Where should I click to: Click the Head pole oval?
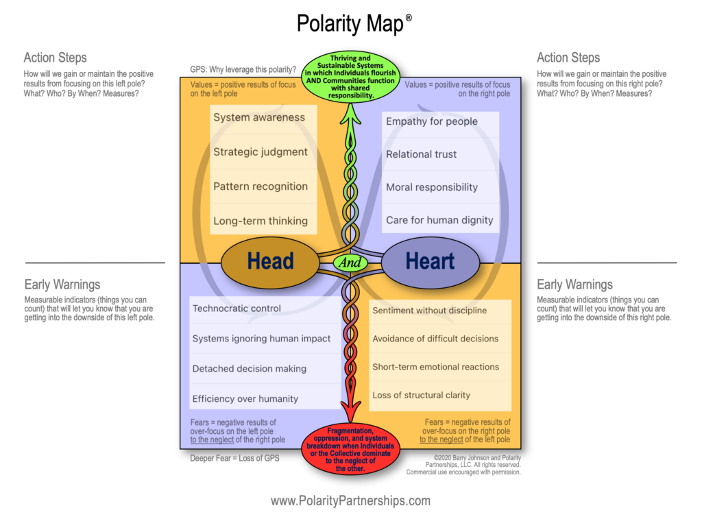click(270, 261)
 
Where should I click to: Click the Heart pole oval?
click(430, 261)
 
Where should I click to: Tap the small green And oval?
click(350, 262)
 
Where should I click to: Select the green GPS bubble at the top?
click(351, 77)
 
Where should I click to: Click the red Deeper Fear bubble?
click(350, 448)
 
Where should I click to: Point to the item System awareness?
click(259, 117)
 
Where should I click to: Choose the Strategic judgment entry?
click(261, 152)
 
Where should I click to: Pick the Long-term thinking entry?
click(261, 221)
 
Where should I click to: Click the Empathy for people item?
click(432, 121)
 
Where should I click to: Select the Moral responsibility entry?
click(432, 187)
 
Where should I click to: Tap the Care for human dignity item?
click(439, 220)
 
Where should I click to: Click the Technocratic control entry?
click(237, 309)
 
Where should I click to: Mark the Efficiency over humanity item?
click(245, 398)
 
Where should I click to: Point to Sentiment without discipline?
click(430, 311)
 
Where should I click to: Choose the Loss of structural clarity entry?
click(422, 395)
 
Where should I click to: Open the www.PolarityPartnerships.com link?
click(350, 500)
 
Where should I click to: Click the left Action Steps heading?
click(56, 58)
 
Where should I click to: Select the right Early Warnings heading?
click(574, 285)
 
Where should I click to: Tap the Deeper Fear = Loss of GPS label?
click(234, 458)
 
